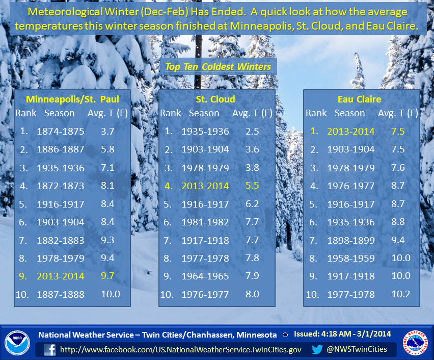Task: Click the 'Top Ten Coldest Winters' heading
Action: click(218, 67)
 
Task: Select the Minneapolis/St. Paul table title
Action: click(72, 99)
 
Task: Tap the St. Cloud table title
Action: click(215, 99)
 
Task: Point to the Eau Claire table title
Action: click(359, 99)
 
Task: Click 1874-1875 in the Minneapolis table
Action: click(61, 132)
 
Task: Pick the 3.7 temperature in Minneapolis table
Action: click(107, 132)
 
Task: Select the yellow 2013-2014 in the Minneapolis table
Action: click(61, 276)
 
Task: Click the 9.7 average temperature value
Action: click(107, 276)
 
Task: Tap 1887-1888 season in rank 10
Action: click(61, 294)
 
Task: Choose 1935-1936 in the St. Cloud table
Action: click(205, 132)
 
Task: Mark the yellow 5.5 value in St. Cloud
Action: click(253, 186)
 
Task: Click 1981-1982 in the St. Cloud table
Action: click(205, 222)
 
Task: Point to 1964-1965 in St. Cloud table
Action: click(205, 276)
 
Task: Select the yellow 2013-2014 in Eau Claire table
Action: click(351, 132)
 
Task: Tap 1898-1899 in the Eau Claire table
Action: click(351, 240)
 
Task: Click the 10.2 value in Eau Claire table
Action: click(401, 294)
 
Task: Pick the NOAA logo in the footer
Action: click(17, 343)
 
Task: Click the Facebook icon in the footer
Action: click(50, 350)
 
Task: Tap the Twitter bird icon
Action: click(317, 349)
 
